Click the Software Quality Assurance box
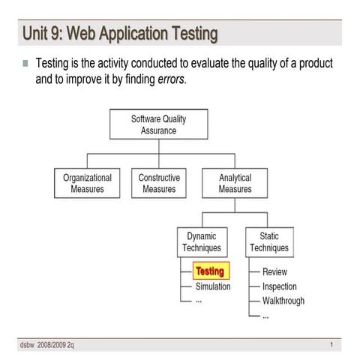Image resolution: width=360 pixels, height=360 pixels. tap(158, 124)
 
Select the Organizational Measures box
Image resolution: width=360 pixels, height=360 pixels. tap(87, 184)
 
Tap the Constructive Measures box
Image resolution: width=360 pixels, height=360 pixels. tap(159, 184)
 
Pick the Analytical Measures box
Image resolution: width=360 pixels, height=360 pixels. tap(235, 184)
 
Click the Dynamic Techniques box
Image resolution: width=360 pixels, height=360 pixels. tap(202, 242)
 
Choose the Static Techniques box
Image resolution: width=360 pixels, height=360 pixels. tap(269, 242)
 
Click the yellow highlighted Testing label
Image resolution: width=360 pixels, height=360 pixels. tap(209, 271)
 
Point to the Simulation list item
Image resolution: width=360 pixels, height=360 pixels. tap(213, 286)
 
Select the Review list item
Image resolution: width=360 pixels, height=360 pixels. tap(274, 271)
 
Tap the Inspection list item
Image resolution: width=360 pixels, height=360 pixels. tap(279, 286)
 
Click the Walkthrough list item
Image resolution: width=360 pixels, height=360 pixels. tap(283, 301)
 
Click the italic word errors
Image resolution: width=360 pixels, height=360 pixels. tap(169, 79)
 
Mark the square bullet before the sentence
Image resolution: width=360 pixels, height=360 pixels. tap(25, 64)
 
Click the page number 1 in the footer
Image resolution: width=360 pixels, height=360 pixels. tap(331, 343)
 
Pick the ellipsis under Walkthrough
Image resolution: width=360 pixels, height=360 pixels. tap(265, 316)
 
